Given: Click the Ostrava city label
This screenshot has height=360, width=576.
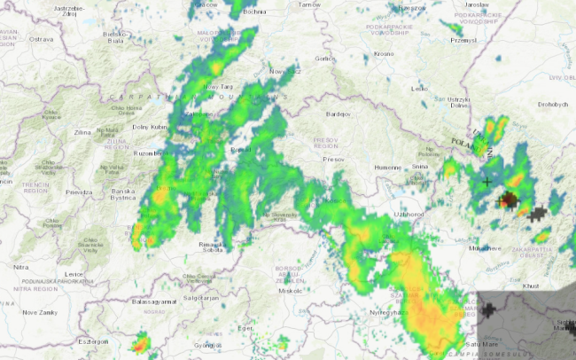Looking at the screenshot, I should point(41,40).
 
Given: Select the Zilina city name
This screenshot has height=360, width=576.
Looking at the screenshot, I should point(82,132).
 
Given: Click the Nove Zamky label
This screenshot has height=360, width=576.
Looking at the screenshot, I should point(40,312).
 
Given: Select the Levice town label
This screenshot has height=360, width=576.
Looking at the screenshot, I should point(74,275).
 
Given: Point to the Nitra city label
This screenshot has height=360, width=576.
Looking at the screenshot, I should point(19,266).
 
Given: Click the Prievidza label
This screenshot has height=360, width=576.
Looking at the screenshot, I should point(79,192).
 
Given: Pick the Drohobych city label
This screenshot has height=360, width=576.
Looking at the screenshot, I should point(552,104).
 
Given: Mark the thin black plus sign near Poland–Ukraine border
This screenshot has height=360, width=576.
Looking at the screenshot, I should point(486,182).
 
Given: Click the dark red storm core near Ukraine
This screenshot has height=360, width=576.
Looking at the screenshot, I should point(509,200).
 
